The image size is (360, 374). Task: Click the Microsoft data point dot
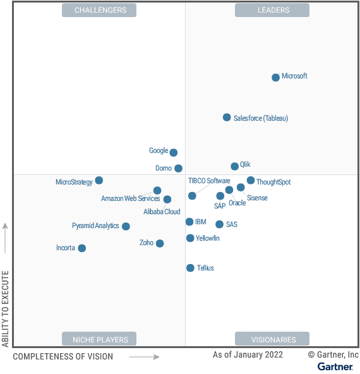pos(275,78)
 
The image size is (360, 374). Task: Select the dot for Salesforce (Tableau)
pos(227,118)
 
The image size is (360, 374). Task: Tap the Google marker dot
pos(174,152)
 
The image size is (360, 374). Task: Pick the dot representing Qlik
pos(235,166)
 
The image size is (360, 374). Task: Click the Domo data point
pos(179,168)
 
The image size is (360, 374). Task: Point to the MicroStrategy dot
pos(99,181)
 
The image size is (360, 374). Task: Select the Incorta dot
pos(82,248)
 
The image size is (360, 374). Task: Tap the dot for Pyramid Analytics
pos(126,226)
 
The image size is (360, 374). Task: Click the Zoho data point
pos(160,243)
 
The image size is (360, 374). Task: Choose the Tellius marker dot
pos(190,268)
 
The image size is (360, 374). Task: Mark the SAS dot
pos(219,224)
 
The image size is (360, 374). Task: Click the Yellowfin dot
pos(190,238)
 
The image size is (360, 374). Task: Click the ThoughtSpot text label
pos(273,182)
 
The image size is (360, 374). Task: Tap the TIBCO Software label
pos(209,181)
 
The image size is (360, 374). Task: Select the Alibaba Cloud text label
pos(162,212)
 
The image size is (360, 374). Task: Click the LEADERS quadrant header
pos(272,10)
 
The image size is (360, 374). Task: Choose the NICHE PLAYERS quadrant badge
pos(100,339)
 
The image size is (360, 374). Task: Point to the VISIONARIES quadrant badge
pos(272,339)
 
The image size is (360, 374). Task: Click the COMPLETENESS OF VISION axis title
pos(63,356)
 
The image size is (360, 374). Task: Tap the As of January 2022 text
pos(248,355)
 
